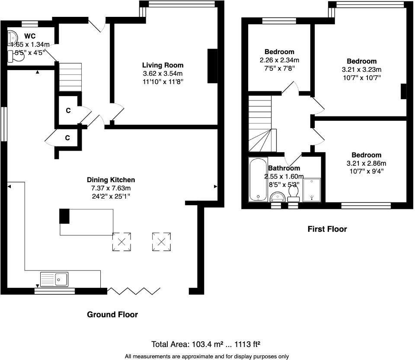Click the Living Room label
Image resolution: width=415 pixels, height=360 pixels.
point(163,65)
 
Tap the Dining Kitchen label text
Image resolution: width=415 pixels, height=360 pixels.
point(111,180)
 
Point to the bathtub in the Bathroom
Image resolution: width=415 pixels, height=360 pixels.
point(258,180)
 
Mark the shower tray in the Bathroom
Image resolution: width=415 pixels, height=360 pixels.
point(312,190)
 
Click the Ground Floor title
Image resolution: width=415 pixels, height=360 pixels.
point(112,315)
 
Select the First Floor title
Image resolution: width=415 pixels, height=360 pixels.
point(327,229)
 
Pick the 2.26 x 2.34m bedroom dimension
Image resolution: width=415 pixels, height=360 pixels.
point(279,60)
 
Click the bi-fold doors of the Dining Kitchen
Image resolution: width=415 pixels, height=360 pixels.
point(134,290)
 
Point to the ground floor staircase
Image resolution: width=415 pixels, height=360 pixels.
point(70,77)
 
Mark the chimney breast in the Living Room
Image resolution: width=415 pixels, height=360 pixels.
point(212,66)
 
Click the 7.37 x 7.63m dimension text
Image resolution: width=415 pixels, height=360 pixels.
point(111,188)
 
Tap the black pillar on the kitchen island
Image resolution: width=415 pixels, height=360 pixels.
point(64,215)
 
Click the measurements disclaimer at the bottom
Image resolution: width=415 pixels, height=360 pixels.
point(207,356)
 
